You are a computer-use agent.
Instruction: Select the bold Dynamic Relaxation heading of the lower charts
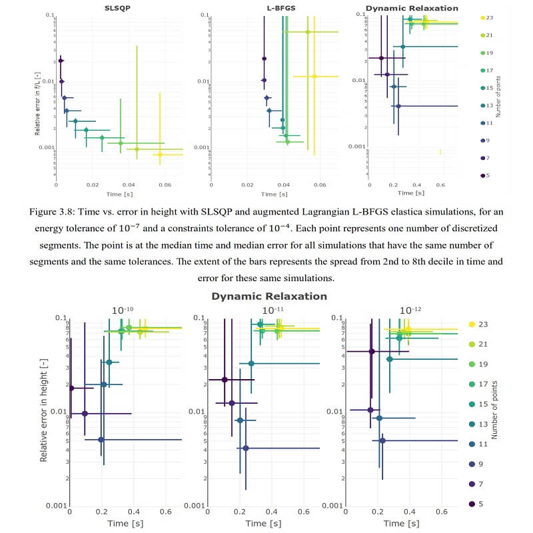(269, 296)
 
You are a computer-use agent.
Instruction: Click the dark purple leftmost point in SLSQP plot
(60, 61)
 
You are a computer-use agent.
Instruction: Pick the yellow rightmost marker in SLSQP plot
(160, 155)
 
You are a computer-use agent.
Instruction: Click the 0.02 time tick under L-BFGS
(247, 185)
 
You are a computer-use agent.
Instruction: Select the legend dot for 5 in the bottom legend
(472, 504)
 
